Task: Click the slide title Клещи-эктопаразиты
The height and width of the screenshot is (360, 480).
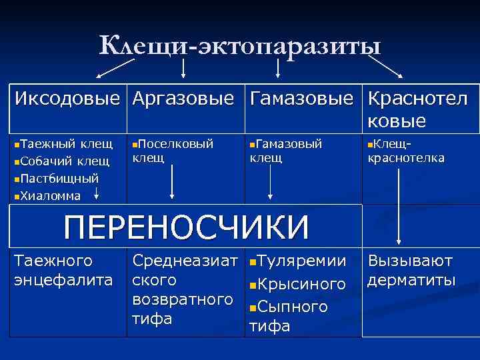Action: pos(240,47)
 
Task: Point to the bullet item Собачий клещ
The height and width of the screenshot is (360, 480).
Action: pos(60,161)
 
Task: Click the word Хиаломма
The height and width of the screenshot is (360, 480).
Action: pos(51,195)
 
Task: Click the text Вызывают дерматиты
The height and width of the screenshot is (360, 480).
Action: pos(410,270)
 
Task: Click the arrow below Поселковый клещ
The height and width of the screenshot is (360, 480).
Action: pos(173,181)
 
